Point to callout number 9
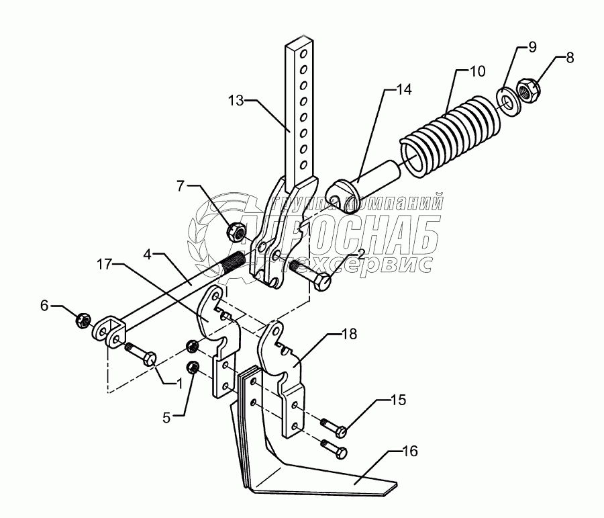(x=532, y=47)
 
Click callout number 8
(x=569, y=57)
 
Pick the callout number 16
(x=409, y=451)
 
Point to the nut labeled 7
(x=236, y=232)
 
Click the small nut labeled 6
(x=83, y=318)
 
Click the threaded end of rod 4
(x=231, y=261)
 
